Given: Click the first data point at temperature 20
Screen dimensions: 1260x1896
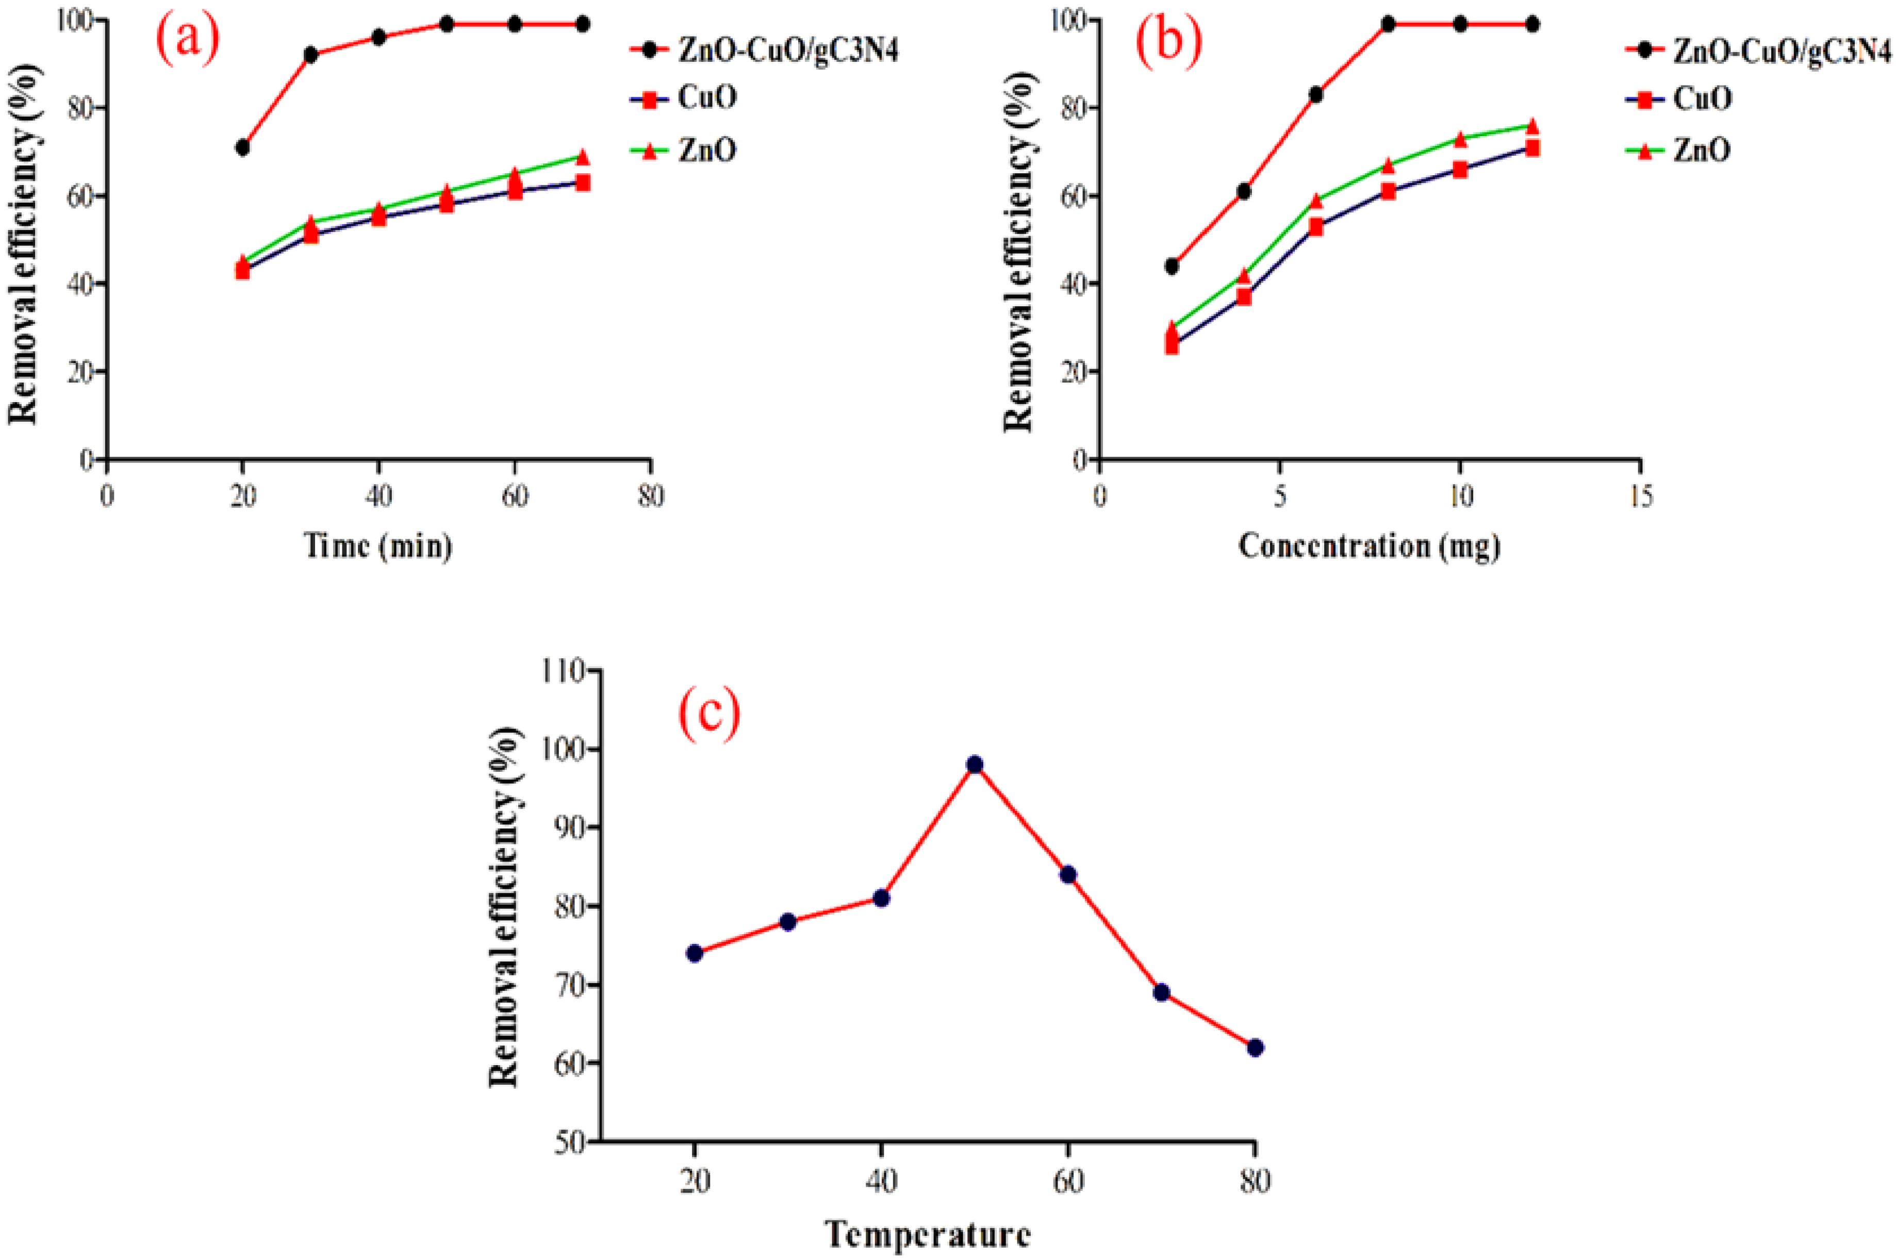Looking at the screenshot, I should [x=695, y=953].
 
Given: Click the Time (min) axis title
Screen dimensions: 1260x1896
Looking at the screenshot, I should [x=378, y=546].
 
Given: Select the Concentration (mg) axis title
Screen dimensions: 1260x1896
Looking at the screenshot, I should [x=1369, y=546].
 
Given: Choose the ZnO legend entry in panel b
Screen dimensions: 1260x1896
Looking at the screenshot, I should [x=1702, y=150].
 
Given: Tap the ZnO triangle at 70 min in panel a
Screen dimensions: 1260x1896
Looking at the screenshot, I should [x=583, y=156].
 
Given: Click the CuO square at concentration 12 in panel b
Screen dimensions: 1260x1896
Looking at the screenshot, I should [x=1532, y=148].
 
